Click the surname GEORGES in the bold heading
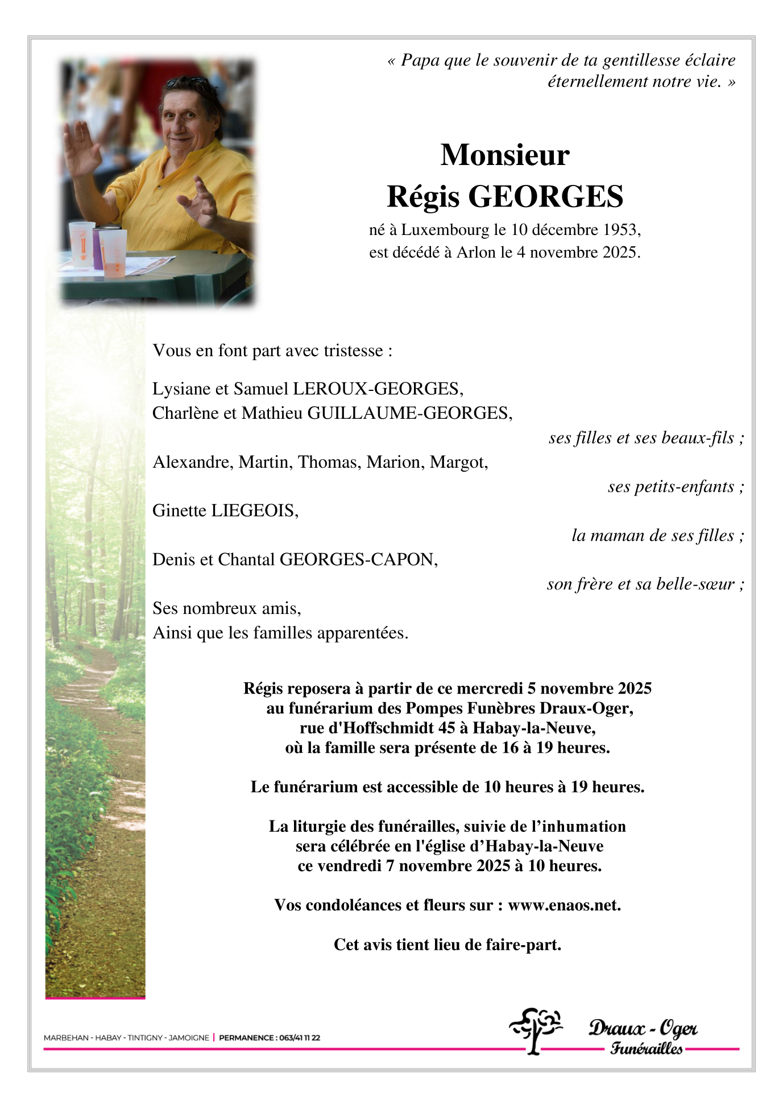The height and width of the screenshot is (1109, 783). click(x=545, y=197)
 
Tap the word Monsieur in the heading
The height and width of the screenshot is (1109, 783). click(x=505, y=155)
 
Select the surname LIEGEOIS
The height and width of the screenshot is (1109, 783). click(x=254, y=510)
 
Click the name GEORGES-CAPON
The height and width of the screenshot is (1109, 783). click(x=358, y=559)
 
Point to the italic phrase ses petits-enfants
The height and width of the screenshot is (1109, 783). click(x=671, y=487)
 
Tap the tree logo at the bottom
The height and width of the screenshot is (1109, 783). click(x=534, y=1030)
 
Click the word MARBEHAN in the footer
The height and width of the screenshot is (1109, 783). click(x=66, y=1037)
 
